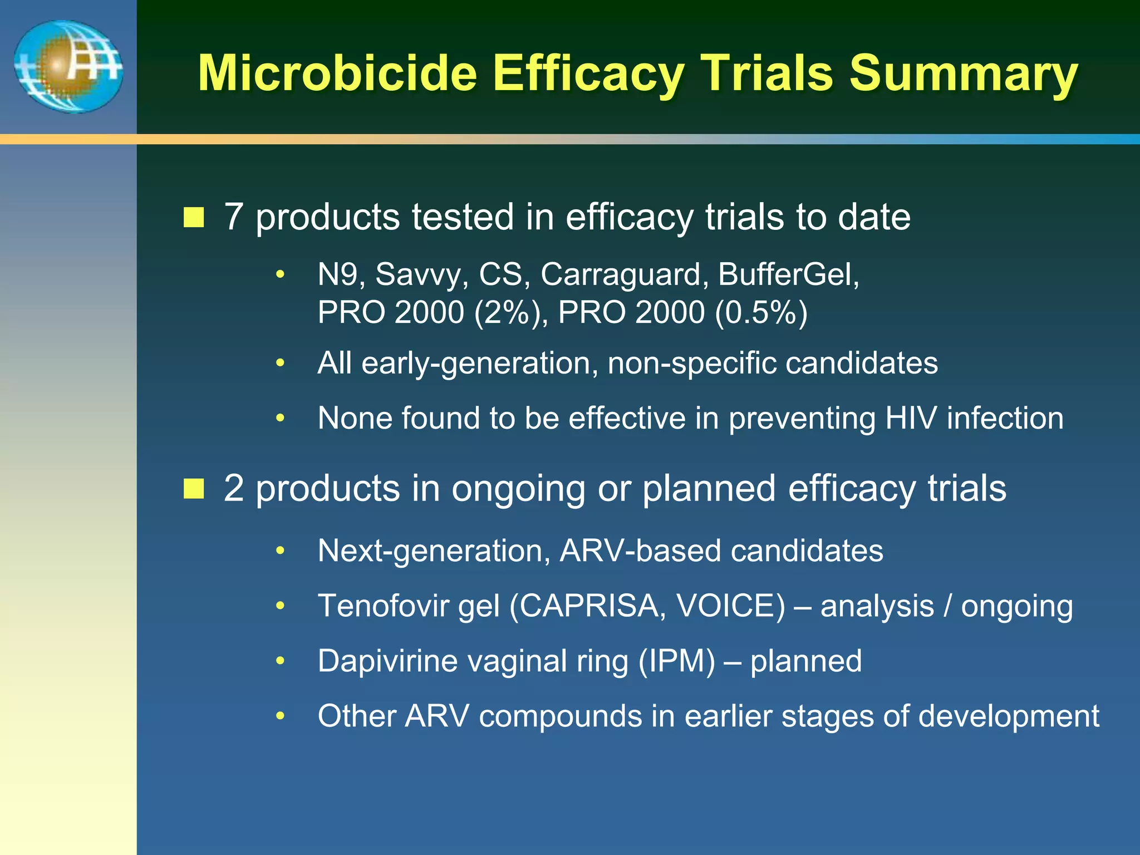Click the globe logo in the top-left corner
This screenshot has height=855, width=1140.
(68, 67)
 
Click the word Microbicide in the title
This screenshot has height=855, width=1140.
(337, 74)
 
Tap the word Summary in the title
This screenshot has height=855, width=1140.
(964, 74)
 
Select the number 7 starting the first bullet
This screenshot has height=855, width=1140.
(233, 217)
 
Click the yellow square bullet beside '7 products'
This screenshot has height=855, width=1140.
(194, 217)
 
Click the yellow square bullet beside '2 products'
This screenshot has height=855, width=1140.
(194, 489)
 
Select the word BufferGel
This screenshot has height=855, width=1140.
(788, 274)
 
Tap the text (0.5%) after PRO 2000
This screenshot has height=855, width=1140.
(761, 312)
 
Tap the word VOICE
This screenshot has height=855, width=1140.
(730, 606)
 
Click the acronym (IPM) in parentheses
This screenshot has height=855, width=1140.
(676, 661)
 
